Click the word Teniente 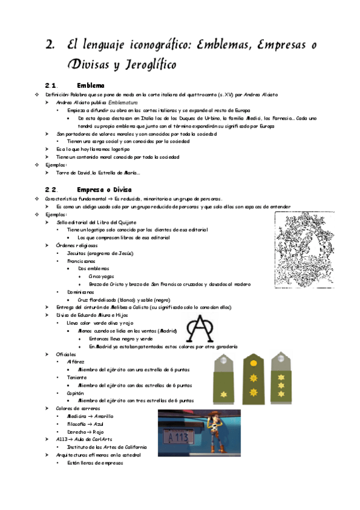click(x=77, y=377)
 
